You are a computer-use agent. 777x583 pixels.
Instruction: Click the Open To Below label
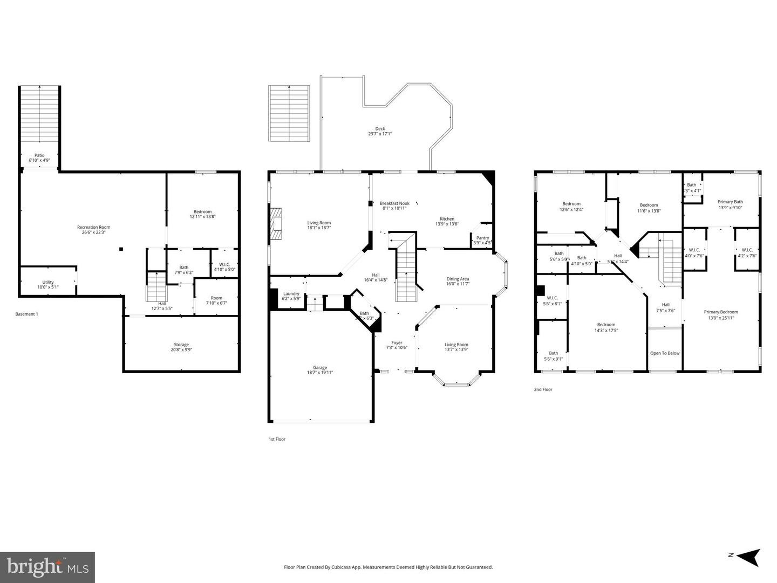click(x=665, y=353)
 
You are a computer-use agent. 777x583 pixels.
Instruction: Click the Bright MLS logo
click(x=47, y=566)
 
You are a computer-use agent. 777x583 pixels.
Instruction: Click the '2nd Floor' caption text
click(x=543, y=389)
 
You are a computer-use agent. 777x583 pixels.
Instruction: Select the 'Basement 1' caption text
click(x=27, y=314)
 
